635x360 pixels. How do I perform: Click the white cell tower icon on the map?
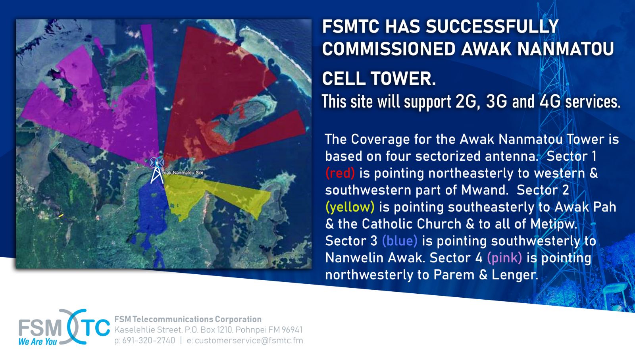(x=157, y=170)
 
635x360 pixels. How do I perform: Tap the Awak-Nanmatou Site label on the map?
(x=183, y=172)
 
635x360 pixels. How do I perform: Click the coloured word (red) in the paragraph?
(x=340, y=173)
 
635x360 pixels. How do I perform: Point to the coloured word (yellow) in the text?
(x=350, y=207)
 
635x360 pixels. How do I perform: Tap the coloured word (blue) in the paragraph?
(x=400, y=241)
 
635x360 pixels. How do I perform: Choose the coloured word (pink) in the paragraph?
(x=504, y=258)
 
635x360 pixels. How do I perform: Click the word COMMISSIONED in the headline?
(x=389, y=49)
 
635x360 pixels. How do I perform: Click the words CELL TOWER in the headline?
(x=379, y=79)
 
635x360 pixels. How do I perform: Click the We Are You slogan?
(x=38, y=342)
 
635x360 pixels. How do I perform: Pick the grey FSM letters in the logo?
(x=40, y=328)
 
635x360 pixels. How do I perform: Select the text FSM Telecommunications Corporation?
(x=188, y=319)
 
